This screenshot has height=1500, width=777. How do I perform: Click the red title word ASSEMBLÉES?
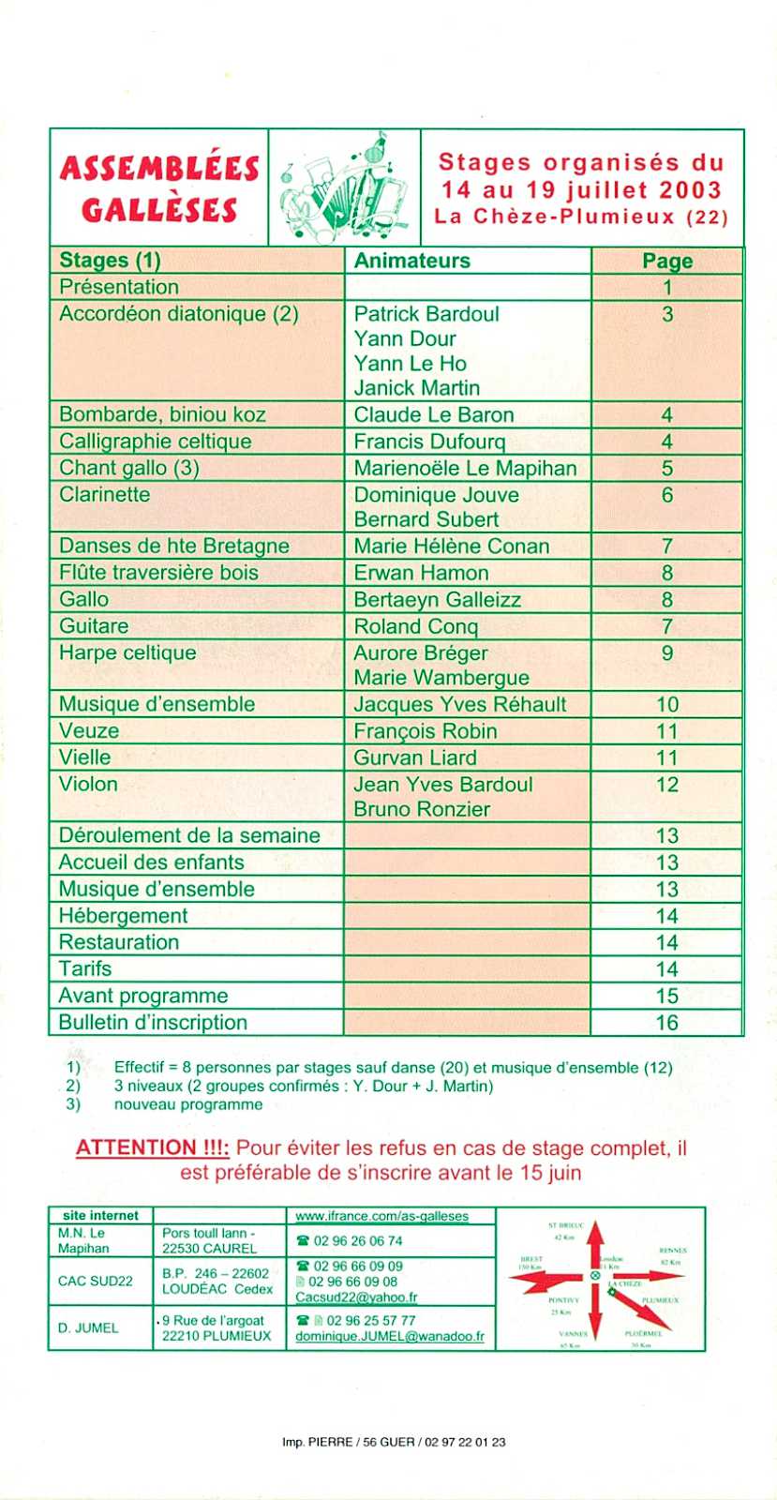(x=159, y=169)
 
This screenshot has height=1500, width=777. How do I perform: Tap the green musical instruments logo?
(x=346, y=187)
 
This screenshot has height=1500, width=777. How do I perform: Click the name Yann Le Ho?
(x=410, y=364)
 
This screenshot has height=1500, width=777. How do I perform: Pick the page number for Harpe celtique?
(x=666, y=652)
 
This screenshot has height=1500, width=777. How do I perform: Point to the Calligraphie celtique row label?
(x=155, y=442)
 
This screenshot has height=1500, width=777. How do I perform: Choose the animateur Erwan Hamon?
(x=421, y=573)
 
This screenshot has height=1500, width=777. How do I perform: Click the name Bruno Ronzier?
(x=422, y=809)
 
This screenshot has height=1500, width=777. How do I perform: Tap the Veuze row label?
(x=89, y=731)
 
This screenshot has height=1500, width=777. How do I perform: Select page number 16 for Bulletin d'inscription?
(x=666, y=1023)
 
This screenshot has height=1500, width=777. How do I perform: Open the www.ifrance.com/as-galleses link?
(x=381, y=1216)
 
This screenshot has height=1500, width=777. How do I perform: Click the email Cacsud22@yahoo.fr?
(x=356, y=1297)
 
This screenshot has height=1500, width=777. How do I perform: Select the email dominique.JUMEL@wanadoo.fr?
(x=390, y=1336)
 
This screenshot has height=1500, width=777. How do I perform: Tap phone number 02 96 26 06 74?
(x=357, y=1241)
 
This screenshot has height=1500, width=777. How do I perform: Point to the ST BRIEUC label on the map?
(x=566, y=1225)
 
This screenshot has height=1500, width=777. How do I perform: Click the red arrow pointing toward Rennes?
(x=647, y=1276)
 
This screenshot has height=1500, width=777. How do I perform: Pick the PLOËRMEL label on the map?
(x=643, y=1332)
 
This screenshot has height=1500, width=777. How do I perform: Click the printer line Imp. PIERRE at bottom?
(x=394, y=1442)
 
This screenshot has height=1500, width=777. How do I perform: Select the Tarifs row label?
(x=85, y=969)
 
